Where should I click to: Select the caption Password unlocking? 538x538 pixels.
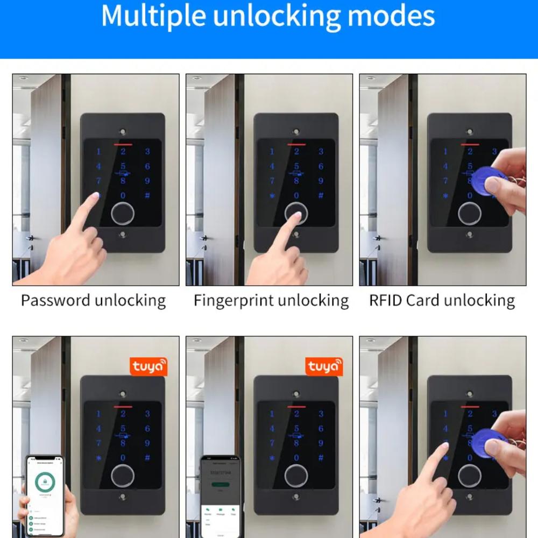[93, 300]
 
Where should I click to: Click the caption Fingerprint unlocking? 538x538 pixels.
[271, 300]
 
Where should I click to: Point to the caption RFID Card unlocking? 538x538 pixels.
[442, 300]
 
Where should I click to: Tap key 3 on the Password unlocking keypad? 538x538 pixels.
[147, 152]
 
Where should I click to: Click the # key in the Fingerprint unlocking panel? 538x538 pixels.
[321, 196]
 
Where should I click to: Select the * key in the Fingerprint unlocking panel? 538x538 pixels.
[272, 196]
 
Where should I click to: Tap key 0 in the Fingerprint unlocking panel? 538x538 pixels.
[296, 196]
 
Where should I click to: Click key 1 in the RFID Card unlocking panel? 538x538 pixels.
[445, 152]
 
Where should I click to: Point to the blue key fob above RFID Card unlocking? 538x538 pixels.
[487, 181]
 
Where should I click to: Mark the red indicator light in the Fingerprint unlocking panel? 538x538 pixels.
[296, 144]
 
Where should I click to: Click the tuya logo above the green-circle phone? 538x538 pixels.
[149, 366]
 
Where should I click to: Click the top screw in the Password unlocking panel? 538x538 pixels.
[123, 132]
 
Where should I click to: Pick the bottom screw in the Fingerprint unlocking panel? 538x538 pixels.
[296, 235]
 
